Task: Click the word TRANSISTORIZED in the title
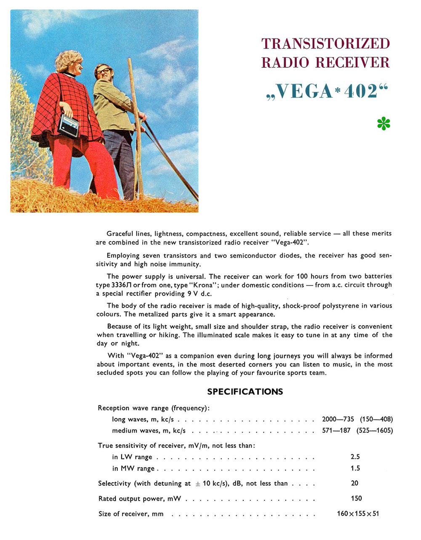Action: (x=325, y=43)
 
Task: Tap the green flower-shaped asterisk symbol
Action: (x=384, y=124)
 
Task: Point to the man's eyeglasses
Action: (x=103, y=71)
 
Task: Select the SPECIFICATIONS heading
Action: (x=245, y=392)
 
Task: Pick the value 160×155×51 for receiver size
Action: (x=358, y=513)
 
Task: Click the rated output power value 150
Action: (x=356, y=498)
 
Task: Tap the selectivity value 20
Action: (x=354, y=483)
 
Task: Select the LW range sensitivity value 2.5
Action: (x=355, y=457)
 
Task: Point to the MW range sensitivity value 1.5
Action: (x=355, y=468)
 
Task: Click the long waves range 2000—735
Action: (x=338, y=419)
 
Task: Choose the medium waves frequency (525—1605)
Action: (x=374, y=430)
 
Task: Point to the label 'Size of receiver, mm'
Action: (x=131, y=514)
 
